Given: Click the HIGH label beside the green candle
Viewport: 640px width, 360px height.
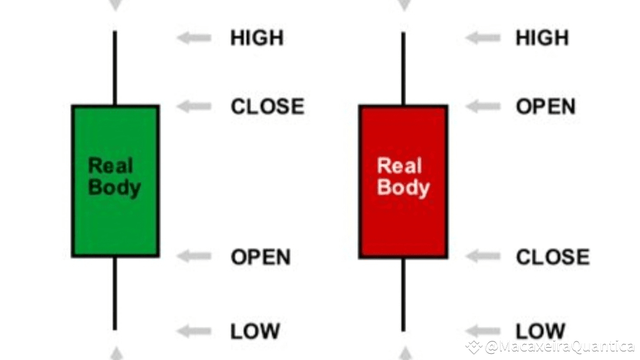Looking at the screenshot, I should [257, 38].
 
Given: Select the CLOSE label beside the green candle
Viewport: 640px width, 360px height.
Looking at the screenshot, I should [267, 106].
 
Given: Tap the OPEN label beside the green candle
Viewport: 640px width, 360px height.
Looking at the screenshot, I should [260, 257].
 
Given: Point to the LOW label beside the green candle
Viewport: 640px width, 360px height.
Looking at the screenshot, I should [255, 332].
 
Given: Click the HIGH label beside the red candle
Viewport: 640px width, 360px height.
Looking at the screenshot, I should [542, 38].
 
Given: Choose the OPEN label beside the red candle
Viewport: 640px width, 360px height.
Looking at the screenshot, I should [546, 106].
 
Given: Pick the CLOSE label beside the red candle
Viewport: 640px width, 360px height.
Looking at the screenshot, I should [552, 257].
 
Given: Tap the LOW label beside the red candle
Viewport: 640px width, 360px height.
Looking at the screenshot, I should [540, 332].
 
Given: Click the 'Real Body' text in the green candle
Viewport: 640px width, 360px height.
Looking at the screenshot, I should [114, 177].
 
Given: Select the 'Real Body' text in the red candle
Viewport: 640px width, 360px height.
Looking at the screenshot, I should [403, 177].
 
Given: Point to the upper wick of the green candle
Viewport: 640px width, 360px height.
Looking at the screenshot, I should [115, 68].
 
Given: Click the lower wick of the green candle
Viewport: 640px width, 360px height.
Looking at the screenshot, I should [115, 293].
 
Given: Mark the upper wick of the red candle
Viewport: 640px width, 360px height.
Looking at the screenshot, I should [403, 68].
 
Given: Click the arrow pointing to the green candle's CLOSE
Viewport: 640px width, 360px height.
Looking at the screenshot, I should [194, 106].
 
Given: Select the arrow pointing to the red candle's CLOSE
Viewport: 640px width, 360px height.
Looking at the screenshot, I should [483, 257].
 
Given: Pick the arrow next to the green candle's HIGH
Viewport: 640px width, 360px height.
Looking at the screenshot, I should [194, 38].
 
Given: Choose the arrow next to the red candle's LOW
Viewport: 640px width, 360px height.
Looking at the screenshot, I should [483, 332].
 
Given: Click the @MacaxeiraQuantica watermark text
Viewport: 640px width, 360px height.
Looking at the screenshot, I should [559, 346].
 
